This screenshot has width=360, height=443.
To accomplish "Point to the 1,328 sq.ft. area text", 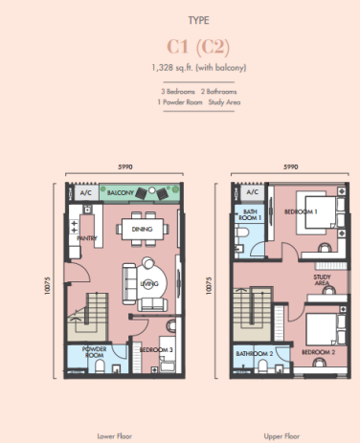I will (179, 67).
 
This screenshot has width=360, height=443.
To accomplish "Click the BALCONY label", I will (120, 192).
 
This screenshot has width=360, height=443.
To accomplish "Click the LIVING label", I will (148, 283).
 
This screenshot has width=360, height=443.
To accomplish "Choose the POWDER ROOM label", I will (94, 351).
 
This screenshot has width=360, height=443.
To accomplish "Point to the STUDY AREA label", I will (323, 280).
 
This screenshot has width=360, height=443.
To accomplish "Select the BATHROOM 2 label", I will (254, 352).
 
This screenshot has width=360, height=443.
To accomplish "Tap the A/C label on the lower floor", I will (85, 192).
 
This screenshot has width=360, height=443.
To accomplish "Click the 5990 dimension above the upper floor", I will (286, 167).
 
